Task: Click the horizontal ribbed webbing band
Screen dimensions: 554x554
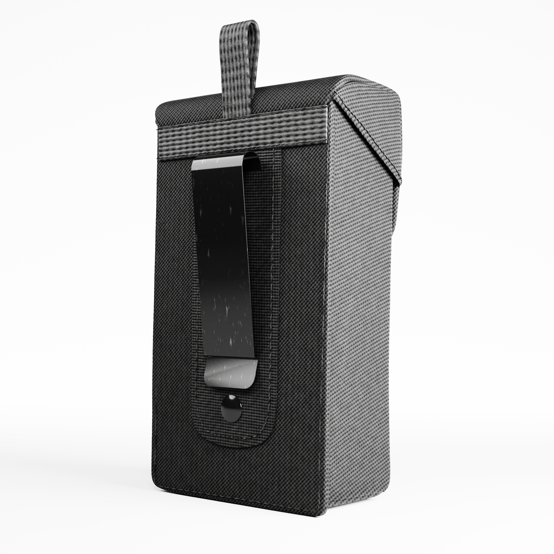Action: point(242,130)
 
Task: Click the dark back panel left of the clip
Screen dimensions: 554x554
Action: point(176,307)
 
